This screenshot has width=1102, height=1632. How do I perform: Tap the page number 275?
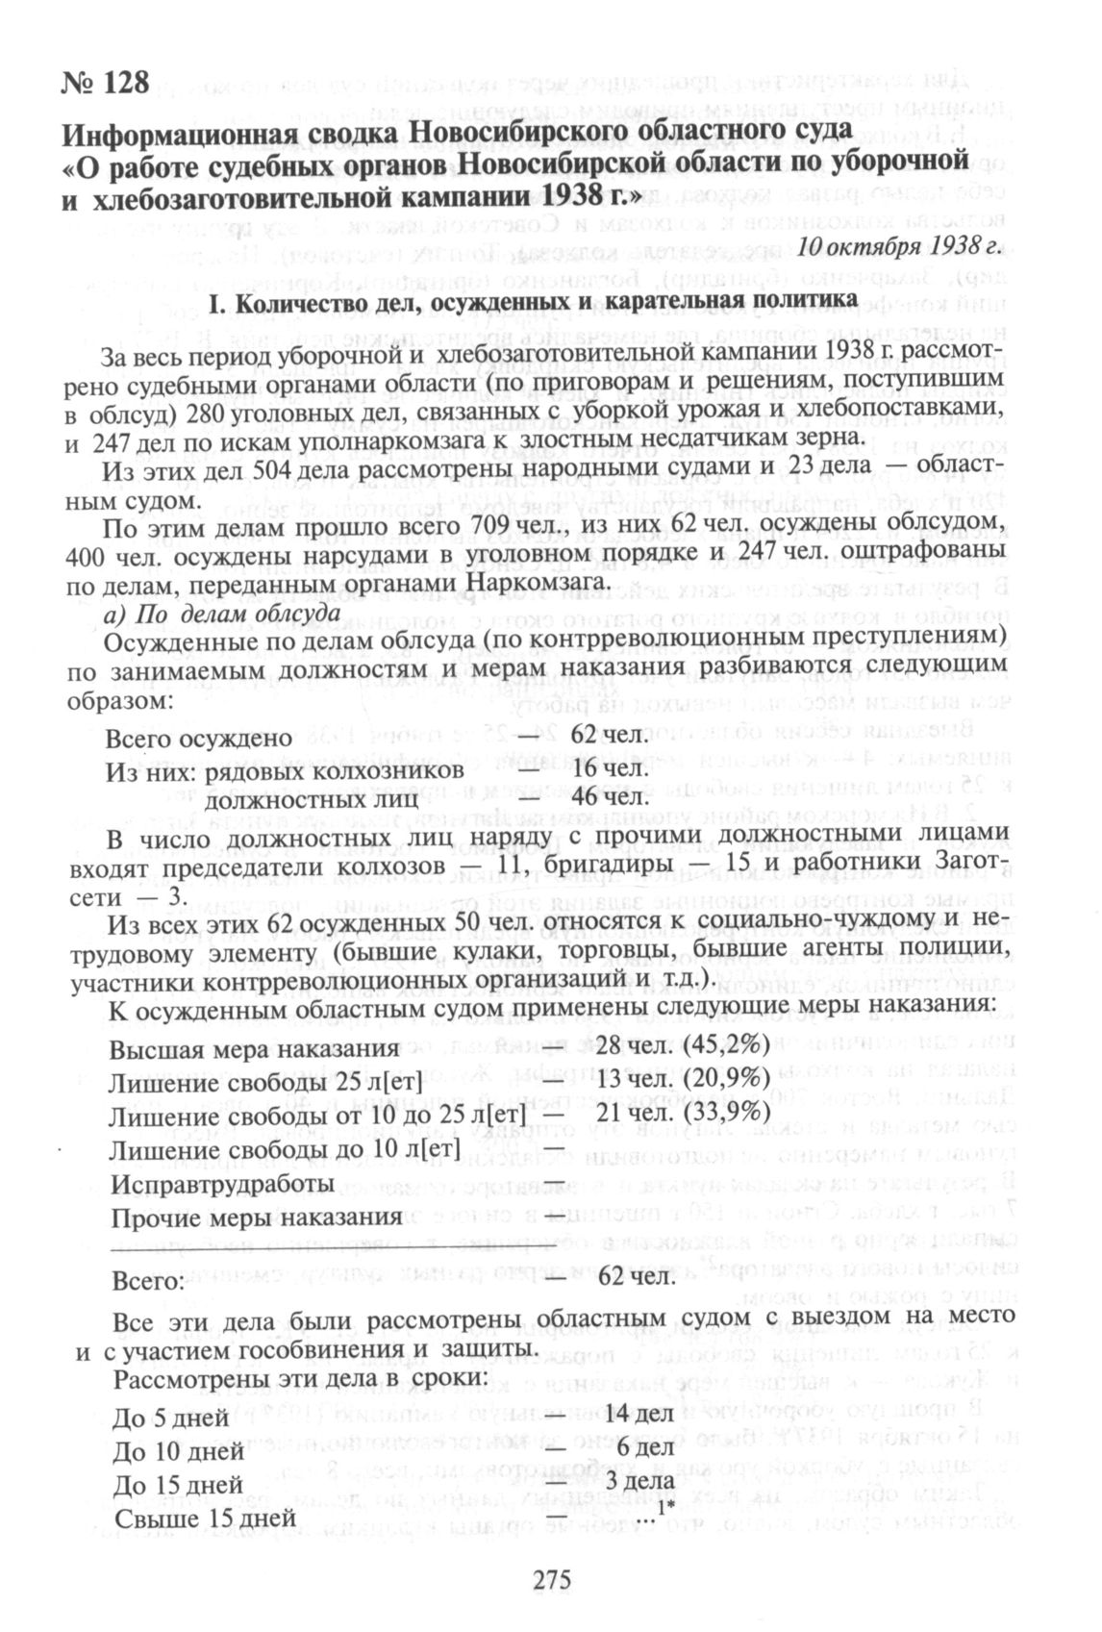point(551,1580)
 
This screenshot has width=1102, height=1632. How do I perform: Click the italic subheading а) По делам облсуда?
point(220,613)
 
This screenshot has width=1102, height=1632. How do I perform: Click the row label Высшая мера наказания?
point(253,1048)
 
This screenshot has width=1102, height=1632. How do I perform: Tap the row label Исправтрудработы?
point(222,1182)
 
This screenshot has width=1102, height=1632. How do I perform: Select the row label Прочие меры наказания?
point(256,1217)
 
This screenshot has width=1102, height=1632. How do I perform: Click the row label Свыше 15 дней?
point(204,1518)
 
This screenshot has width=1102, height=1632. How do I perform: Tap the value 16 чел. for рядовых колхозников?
point(606,769)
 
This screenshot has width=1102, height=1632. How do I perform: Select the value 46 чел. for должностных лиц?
point(606,797)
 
